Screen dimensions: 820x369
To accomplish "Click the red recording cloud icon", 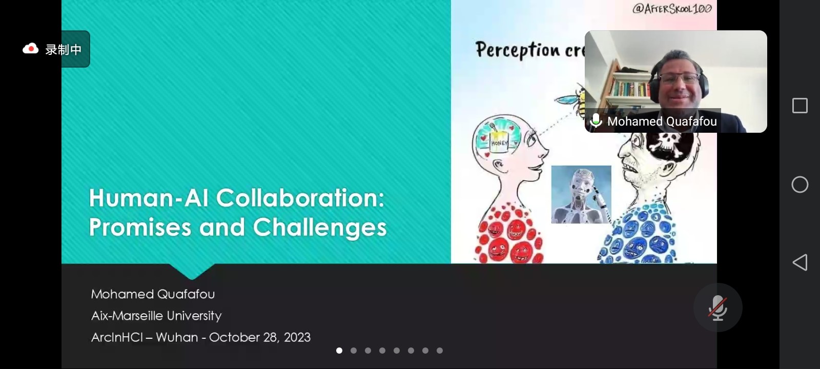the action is pos(30,49).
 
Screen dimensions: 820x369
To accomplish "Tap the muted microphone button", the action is pos(717,307).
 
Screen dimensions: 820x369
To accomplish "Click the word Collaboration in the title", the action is pos(300,198).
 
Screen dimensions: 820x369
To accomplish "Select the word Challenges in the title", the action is pos(320,227).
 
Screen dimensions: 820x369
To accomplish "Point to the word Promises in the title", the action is pos(140,227).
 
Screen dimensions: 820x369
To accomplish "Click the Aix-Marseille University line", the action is pos(156,316).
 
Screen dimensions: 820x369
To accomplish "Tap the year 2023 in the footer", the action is pos(297,337).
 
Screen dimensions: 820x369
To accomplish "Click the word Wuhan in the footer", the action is pos(177,337).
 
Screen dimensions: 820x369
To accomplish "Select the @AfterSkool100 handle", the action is pos(672,8).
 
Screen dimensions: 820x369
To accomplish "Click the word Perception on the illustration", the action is pos(518,50).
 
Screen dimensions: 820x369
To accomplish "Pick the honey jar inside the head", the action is pos(499,140).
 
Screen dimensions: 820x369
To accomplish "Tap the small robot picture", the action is pos(581,194).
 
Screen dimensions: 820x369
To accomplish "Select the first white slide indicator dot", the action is pos(339,351).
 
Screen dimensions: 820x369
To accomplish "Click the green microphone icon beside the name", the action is pos(596,120).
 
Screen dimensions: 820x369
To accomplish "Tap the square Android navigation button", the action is pos(800,106).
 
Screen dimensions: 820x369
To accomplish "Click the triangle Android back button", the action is pos(800,262).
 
